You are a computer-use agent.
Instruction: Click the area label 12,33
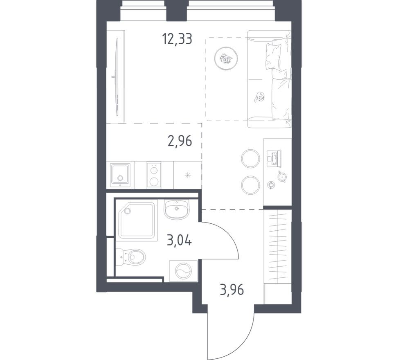(177, 40)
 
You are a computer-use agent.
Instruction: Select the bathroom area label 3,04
(179, 239)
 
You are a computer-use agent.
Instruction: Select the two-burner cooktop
(153, 175)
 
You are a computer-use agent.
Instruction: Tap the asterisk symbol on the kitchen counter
(188, 176)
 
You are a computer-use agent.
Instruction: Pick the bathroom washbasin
(177, 209)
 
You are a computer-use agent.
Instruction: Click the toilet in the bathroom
(134, 257)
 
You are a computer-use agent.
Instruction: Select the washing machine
(183, 271)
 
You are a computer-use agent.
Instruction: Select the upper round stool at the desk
(250, 158)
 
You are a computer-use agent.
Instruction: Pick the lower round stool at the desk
(250, 185)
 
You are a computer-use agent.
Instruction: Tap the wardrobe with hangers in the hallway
(278, 245)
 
